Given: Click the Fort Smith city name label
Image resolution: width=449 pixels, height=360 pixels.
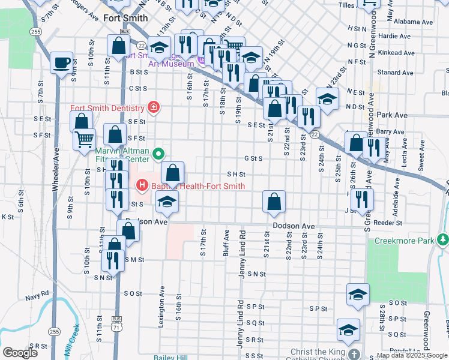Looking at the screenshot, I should (x=125, y=18).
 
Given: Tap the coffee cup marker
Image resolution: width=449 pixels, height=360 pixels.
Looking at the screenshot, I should (x=61, y=62).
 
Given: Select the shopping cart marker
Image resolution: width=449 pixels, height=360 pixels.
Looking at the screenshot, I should (x=84, y=139).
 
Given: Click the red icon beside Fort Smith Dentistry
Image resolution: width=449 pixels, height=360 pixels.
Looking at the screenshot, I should (x=154, y=108).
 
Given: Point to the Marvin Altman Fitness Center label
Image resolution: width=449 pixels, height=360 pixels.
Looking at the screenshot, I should (x=122, y=155).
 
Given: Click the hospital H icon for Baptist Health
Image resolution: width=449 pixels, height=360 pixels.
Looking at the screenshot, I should (x=142, y=186).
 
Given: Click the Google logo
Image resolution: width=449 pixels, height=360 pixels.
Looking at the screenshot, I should (x=20, y=353).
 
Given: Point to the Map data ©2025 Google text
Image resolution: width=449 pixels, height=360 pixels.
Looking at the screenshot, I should (x=411, y=355).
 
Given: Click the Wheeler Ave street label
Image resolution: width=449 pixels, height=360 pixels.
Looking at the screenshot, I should (x=56, y=174).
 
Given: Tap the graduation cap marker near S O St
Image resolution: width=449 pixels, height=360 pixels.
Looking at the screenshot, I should (x=358, y=295).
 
